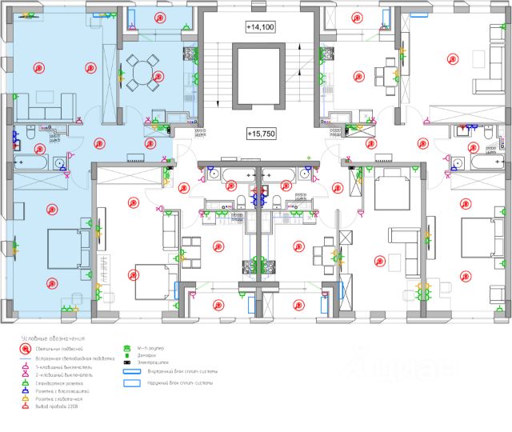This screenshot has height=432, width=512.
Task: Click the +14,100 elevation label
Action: [x=260, y=27]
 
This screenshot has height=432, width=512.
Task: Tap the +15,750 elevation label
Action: [x=260, y=134]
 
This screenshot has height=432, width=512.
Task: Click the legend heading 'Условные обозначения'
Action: [x=54, y=338]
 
